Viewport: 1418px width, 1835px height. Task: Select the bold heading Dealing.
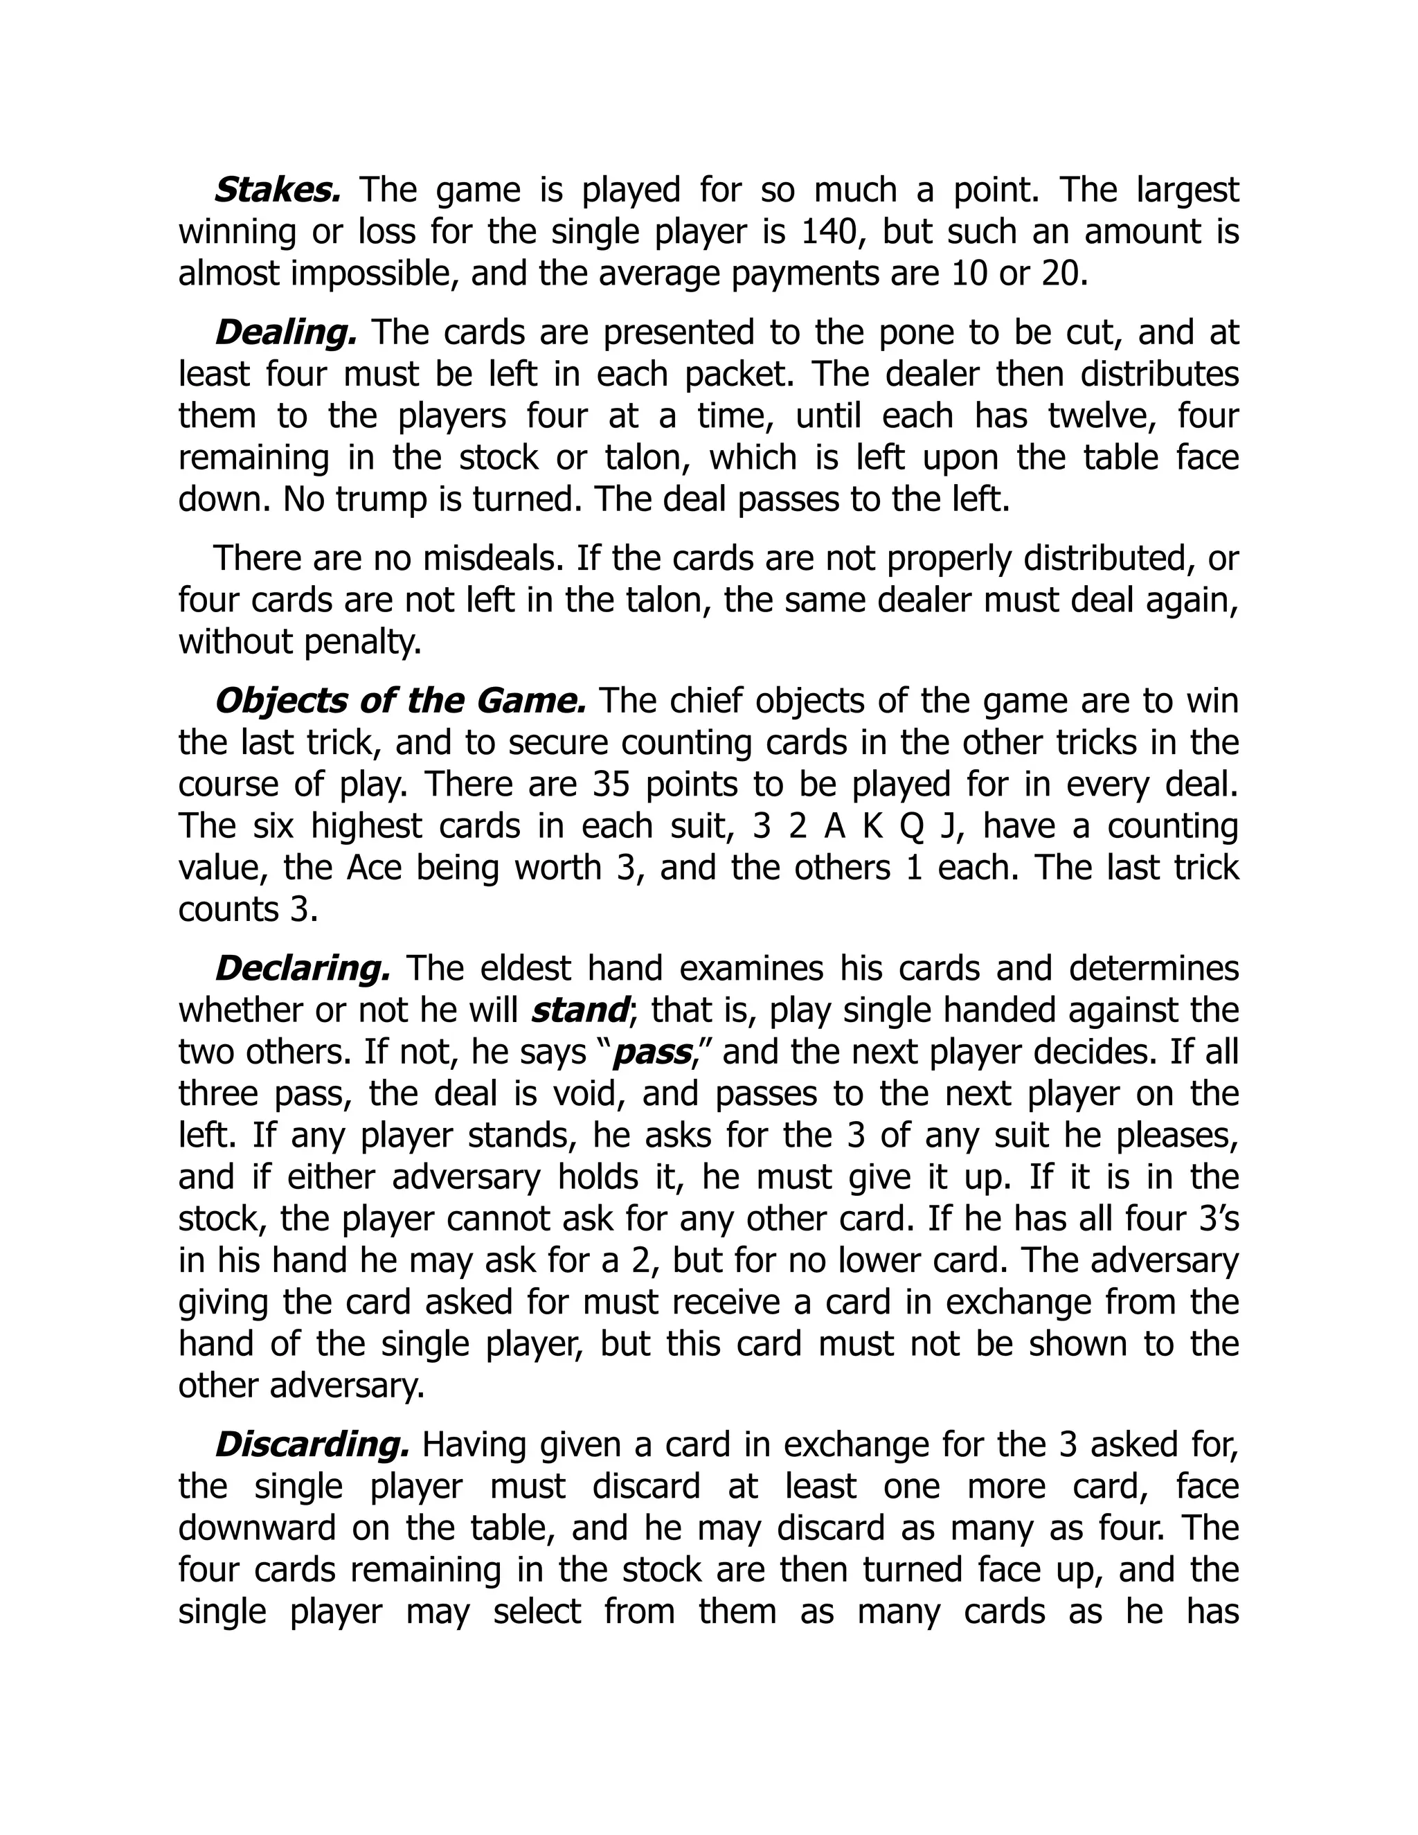pos(286,332)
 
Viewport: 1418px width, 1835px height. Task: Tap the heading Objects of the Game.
pos(400,701)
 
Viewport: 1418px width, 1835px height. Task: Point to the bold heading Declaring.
pos(303,969)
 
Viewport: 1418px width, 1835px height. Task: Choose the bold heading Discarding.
pos(312,1445)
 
